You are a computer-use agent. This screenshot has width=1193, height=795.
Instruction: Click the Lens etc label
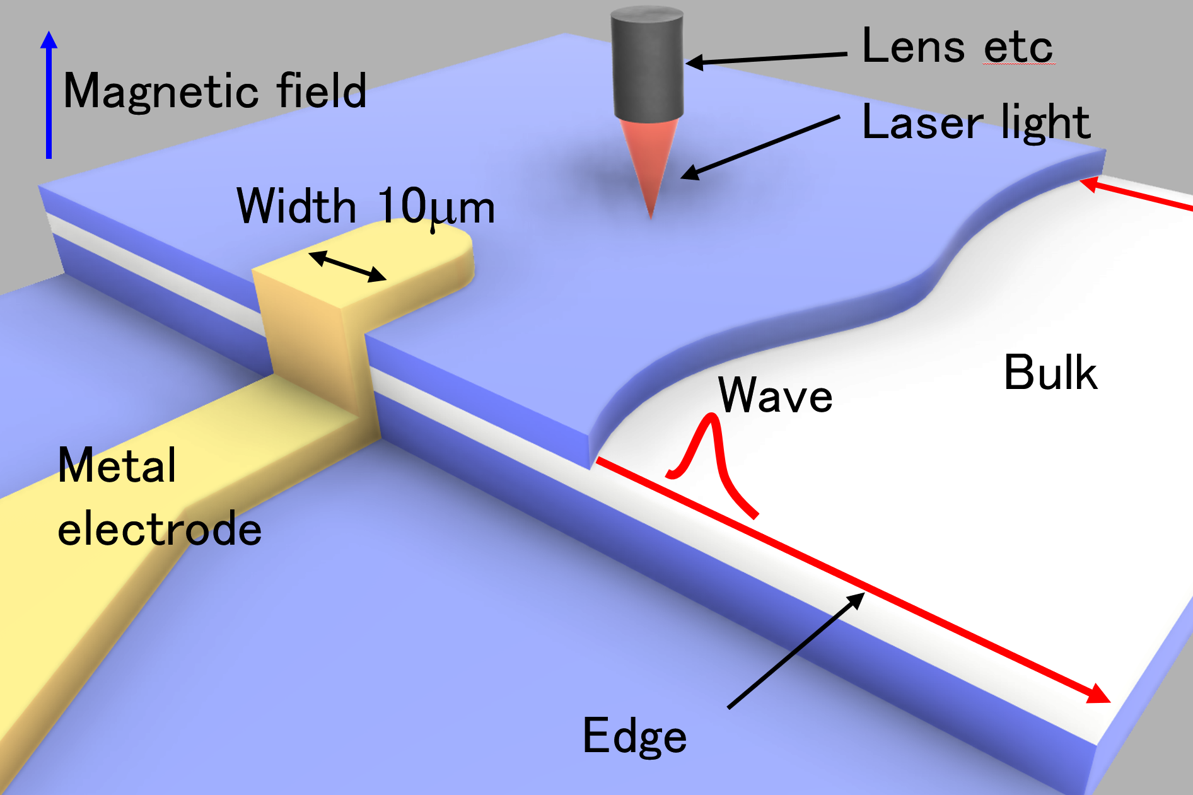coord(957,47)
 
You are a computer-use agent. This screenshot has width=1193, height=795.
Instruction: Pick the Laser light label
coord(975,122)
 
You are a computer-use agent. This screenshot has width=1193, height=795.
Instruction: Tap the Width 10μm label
coord(366,207)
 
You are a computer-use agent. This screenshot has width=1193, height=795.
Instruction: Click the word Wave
coord(776,395)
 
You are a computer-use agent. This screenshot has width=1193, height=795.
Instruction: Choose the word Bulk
coord(1050,373)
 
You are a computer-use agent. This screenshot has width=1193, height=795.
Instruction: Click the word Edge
coord(634,736)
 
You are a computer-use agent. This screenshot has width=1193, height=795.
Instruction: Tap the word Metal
coord(117,465)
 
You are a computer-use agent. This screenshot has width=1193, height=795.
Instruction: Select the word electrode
coord(160,528)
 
